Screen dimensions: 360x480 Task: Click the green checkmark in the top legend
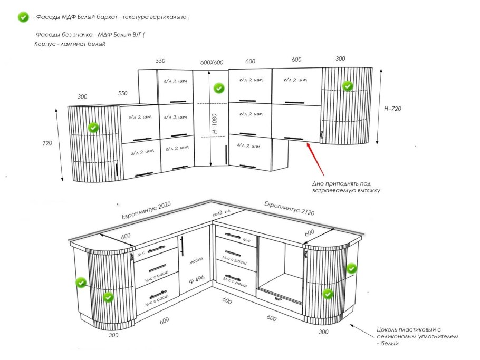tap(23, 17)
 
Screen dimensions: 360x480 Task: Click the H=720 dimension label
tap(394, 109)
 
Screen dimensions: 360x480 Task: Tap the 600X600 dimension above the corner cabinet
tap(212, 62)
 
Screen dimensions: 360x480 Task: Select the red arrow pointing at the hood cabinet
tap(316, 159)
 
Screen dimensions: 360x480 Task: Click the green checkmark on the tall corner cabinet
tap(219, 88)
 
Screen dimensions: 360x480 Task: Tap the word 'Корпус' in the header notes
tap(45, 44)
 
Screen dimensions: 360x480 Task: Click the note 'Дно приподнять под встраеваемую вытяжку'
tap(346, 187)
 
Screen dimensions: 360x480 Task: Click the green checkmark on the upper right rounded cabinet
tap(348, 85)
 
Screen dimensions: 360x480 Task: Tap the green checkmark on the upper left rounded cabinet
tap(93, 127)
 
